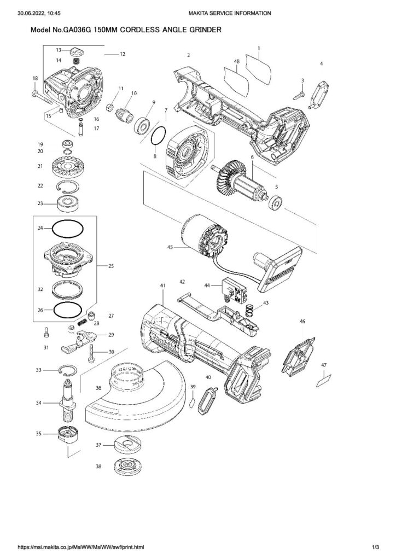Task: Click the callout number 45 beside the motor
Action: [171, 247]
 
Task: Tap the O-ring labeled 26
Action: [68, 310]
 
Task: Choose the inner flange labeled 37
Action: [125, 445]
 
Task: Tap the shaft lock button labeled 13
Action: [77, 52]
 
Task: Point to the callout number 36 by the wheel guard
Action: [98, 388]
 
